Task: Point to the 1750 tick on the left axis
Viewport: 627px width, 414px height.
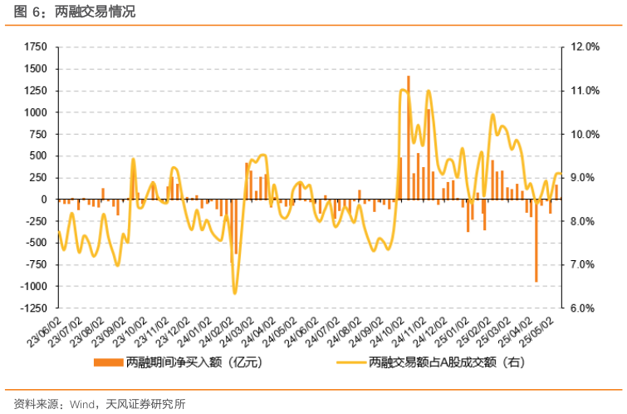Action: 37,47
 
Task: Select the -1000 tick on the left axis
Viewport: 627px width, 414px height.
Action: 34,287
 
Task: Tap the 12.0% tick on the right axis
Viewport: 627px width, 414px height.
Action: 585,47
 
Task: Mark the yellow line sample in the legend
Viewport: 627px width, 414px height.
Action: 350,363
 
